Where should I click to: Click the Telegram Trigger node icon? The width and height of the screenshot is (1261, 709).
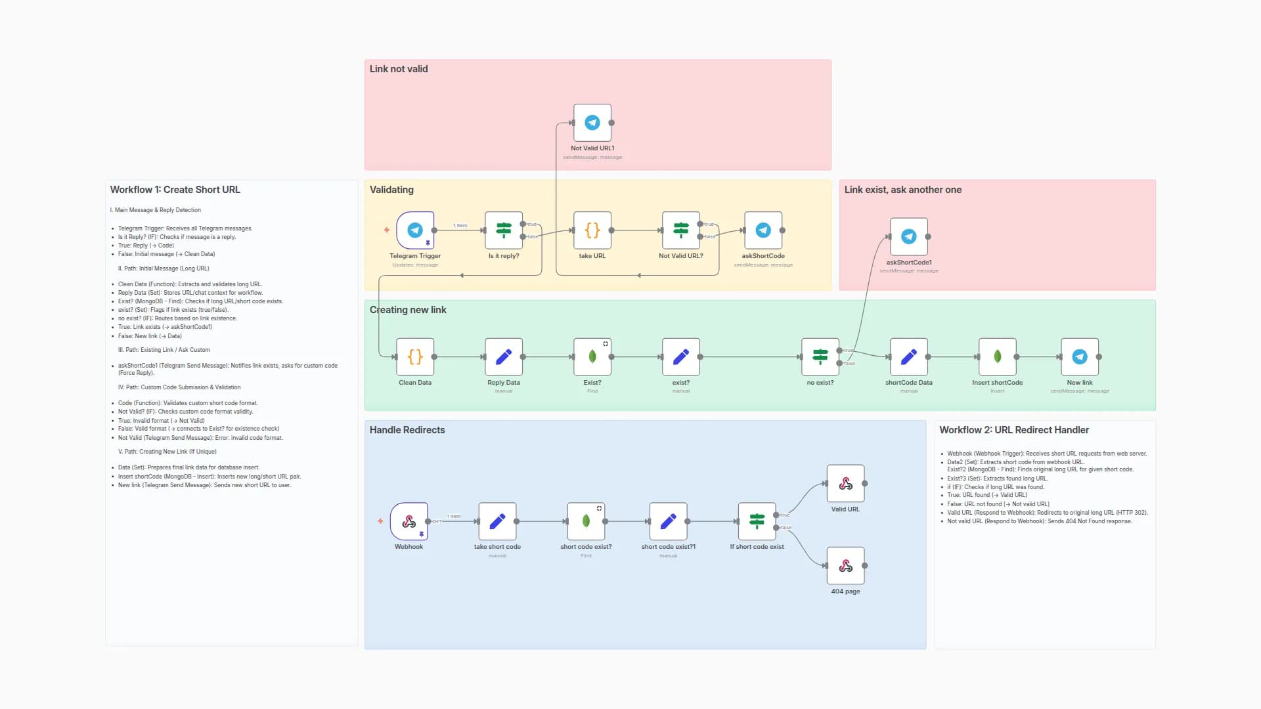415,230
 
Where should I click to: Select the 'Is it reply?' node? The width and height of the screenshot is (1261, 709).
504,230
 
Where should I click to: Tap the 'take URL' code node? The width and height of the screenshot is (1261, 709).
592,230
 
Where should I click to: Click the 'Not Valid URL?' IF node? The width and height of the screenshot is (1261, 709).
681,230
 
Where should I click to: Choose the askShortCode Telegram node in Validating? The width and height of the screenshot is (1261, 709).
763,230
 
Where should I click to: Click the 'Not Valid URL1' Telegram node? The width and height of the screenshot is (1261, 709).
592,123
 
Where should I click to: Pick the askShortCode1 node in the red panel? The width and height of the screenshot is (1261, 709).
909,237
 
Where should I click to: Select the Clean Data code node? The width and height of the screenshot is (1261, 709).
415,357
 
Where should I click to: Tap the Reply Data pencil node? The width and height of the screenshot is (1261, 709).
504,357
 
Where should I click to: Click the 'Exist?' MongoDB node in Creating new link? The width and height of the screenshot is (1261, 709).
592,357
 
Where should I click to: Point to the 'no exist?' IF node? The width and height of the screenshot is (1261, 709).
820,357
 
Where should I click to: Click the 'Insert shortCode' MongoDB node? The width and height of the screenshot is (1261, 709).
998,357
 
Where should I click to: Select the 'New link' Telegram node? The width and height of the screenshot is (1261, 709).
1080,357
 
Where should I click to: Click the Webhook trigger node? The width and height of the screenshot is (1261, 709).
409,522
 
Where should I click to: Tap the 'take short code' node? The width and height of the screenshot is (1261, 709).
498,522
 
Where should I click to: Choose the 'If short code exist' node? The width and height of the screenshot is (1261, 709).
757,522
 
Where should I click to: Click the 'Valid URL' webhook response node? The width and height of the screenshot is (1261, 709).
846,484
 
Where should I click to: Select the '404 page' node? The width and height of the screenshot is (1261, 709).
846,566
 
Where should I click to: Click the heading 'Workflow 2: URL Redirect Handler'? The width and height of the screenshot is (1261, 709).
1014,430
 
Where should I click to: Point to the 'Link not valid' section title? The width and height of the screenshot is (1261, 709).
399,69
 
